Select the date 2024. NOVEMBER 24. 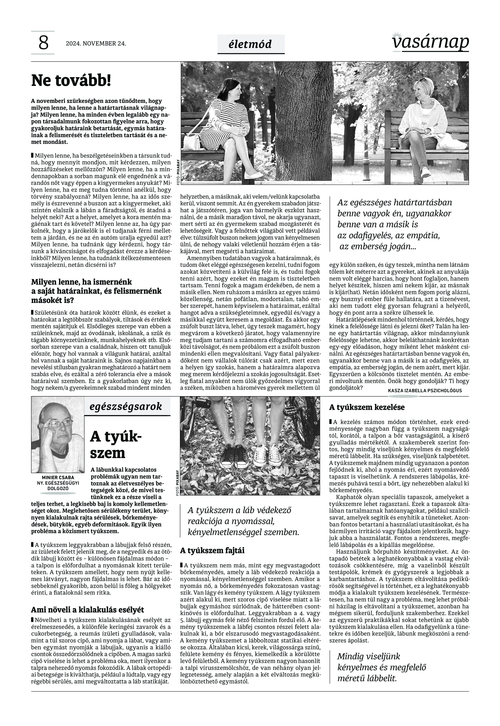tap(96, 43)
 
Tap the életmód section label tap(251, 44)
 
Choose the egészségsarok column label tap(126, 406)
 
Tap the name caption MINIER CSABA tap(58, 477)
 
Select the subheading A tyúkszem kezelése tap(367, 407)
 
